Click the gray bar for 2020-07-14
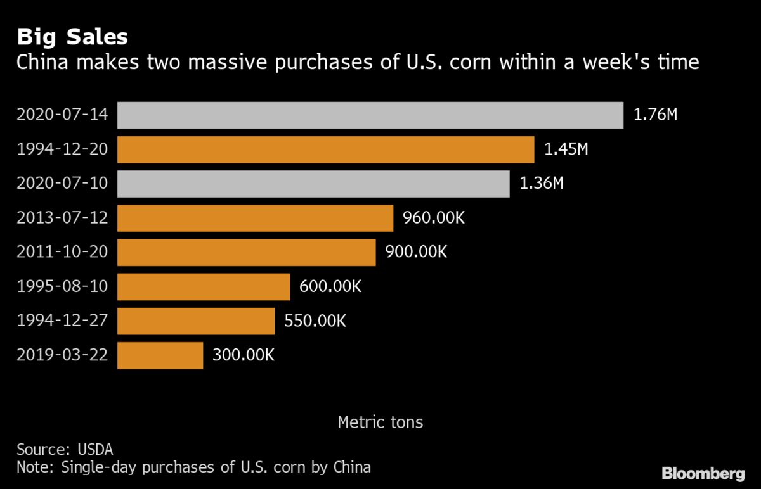[370, 115]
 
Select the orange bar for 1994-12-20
[326, 149]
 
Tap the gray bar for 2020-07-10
[313, 184]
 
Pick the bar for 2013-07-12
[255, 218]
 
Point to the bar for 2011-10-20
[246, 253]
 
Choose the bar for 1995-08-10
[204, 287]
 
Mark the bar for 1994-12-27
[196, 321]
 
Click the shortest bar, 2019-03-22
[160, 355]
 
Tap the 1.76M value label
[655, 115]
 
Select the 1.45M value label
[566, 149]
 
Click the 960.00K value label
[434, 217]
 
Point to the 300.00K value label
[244, 355]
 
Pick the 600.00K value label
[330, 286]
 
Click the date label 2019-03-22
[62, 355]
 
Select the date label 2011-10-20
[62, 252]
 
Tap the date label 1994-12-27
[62, 321]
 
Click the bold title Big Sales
[72, 37]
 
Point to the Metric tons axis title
[380, 422]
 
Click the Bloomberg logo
[703, 474]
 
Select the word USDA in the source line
[95, 450]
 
